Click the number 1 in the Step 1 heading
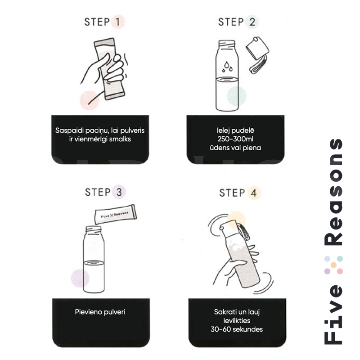click(x=118, y=22)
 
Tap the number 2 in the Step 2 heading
click(x=252, y=22)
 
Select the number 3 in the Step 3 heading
click(x=119, y=192)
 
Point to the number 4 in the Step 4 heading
click(x=253, y=193)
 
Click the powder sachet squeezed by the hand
click(x=109, y=69)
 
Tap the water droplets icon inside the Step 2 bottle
click(x=227, y=67)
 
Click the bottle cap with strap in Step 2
click(x=257, y=55)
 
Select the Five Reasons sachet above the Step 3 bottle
click(x=116, y=215)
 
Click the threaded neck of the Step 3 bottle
click(x=93, y=229)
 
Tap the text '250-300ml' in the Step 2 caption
click(x=235, y=139)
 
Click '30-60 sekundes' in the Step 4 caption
click(x=237, y=329)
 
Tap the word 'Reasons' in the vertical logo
click(x=333, y=192)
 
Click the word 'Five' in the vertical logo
click(x=333, y=315)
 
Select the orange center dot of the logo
click(x=333, y=265)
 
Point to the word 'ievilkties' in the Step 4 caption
click(x=237, y=320)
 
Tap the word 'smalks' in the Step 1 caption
click(x=120, y=139)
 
